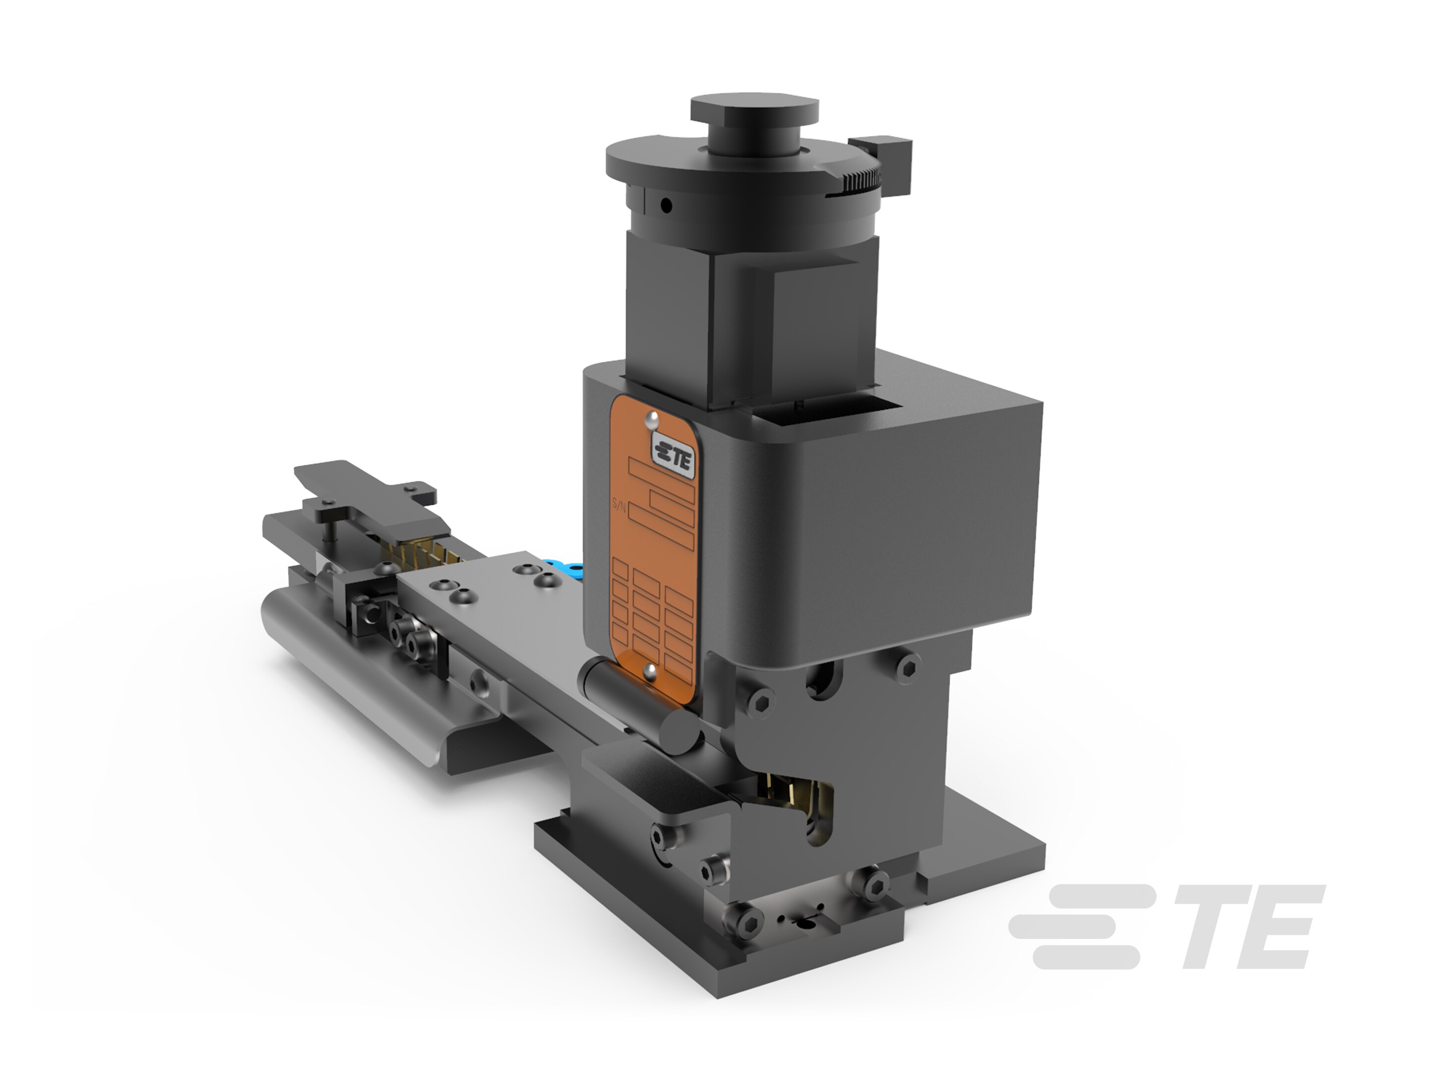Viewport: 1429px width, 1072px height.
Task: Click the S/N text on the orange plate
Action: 618,507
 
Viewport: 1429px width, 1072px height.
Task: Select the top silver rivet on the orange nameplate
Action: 652,419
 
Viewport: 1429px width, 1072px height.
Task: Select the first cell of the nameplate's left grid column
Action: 620,569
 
